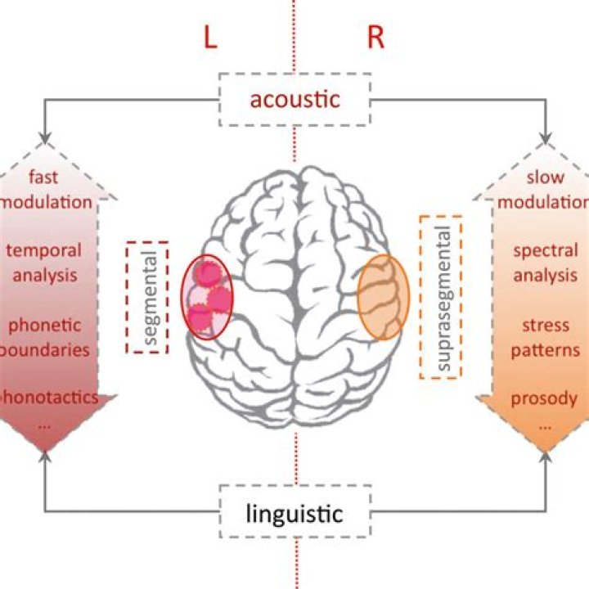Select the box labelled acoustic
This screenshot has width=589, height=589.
294,100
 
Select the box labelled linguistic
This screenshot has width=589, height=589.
294,514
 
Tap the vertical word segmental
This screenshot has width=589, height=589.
148,297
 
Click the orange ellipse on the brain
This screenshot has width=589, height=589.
382,296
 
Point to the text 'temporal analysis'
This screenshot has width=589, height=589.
54,262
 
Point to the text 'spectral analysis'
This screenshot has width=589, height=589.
545,262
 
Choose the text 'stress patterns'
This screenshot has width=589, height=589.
545,337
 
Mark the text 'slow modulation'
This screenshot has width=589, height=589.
545,188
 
